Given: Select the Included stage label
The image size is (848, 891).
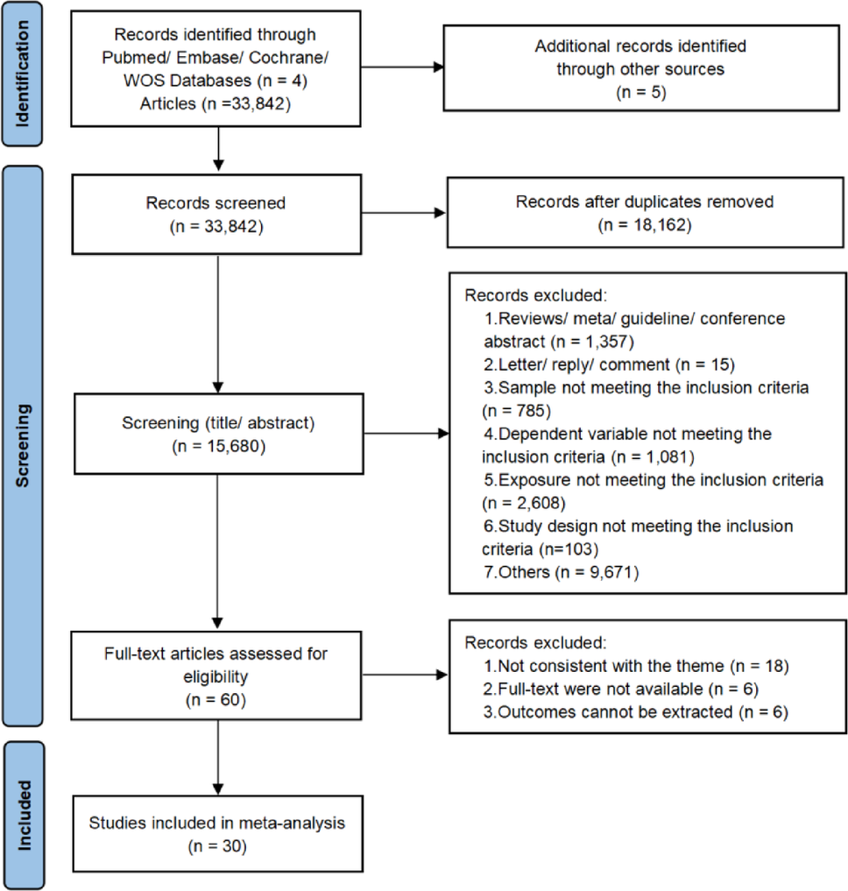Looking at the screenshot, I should tap(28, 816).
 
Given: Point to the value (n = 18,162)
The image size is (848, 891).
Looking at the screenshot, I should tap(644, 225).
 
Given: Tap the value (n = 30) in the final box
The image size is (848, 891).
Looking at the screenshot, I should tap(216, 847).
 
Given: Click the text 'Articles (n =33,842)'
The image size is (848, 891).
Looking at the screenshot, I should tap(216, 104).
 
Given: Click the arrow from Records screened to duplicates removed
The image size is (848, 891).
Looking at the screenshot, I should tap(403, 212).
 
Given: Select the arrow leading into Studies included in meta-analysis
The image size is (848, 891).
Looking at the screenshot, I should tap(216, 762).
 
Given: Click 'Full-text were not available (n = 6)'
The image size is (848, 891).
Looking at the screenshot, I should tap(622, 689).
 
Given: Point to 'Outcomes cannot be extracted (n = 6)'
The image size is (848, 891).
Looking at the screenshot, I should tap(637, 712).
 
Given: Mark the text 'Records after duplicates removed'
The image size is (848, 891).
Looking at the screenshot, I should tap(644, 202).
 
